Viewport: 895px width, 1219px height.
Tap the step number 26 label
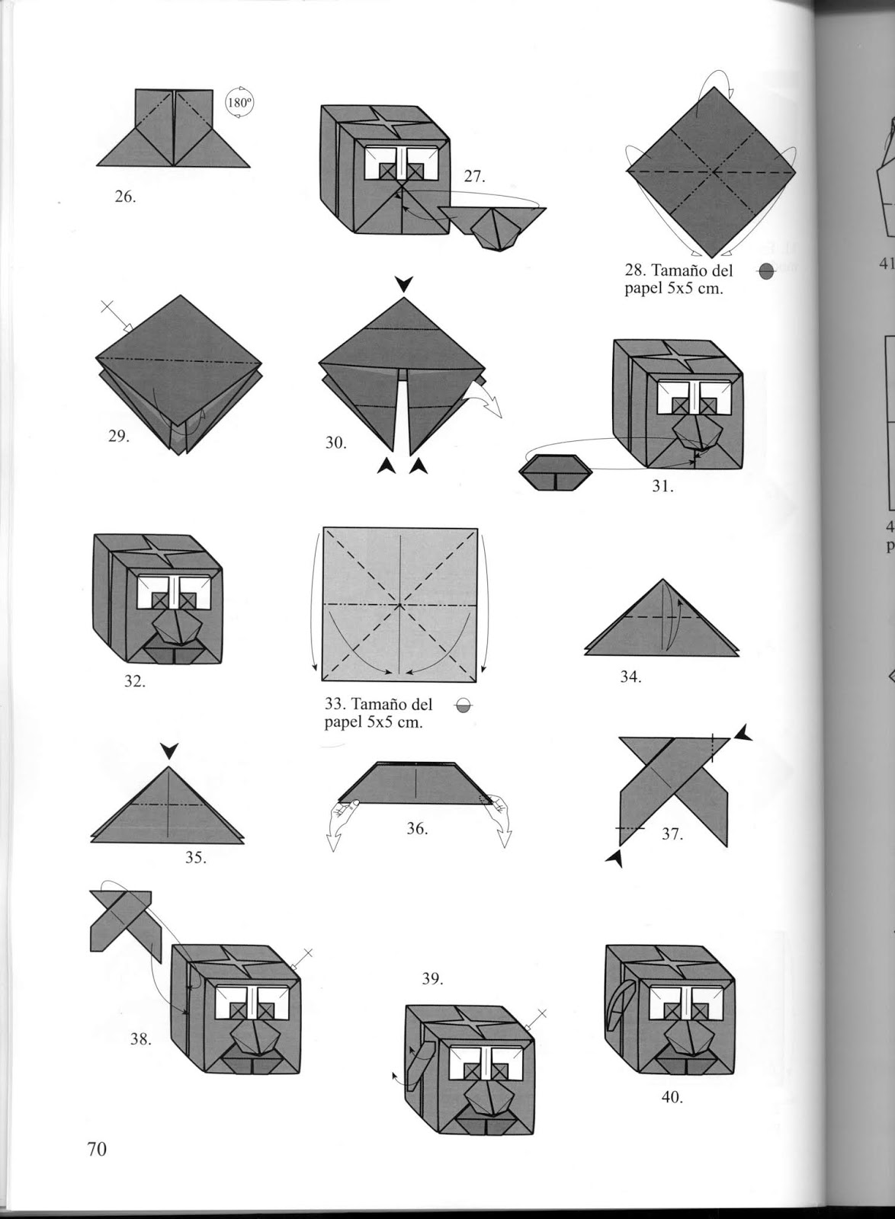click(x=124, y=197)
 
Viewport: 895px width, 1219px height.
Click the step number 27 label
click(x=473, y=177)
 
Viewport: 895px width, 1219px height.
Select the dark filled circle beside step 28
click(x=767, y=271)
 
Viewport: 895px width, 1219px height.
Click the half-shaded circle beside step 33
click(x=462, y=707)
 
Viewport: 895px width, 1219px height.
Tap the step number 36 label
click(x=416, y=828)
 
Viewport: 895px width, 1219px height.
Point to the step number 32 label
click(x=134, y=681)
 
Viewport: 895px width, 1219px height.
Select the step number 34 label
click(x=630, y=676)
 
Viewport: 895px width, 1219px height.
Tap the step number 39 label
click(x=432, y=978)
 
